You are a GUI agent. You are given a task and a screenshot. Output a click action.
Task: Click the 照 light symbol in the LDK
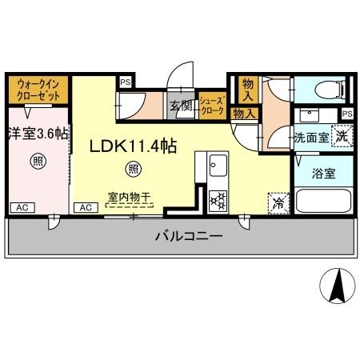point(134,168)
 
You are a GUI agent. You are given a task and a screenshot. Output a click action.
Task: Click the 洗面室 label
point(310,137)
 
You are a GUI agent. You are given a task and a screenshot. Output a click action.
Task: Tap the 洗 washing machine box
point(342,135)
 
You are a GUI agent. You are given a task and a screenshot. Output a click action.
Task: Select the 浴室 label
point(323,171)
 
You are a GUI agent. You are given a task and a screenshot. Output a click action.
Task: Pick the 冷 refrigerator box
point(277,202)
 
